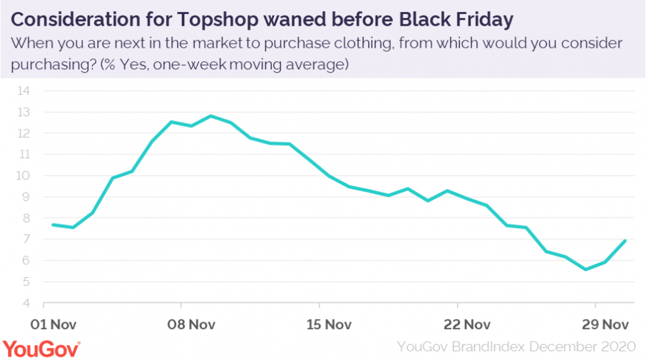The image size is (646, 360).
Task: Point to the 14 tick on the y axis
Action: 24,91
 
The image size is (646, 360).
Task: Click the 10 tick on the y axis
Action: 24,176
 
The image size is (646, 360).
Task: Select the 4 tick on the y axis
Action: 28,303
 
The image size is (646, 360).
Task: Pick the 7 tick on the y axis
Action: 28,240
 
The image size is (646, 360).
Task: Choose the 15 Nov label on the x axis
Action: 328,324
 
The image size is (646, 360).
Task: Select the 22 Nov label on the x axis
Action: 467,324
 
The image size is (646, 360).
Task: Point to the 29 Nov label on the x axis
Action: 605,324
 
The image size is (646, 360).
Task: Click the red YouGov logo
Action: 42,349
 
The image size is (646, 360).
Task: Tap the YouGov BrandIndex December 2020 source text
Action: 516,347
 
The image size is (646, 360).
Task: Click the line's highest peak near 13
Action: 211,116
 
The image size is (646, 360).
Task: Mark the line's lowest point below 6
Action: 585,269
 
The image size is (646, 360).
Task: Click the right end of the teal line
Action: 625,241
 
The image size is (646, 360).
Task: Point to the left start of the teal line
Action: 52,225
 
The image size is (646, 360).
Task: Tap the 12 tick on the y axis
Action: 24,133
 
